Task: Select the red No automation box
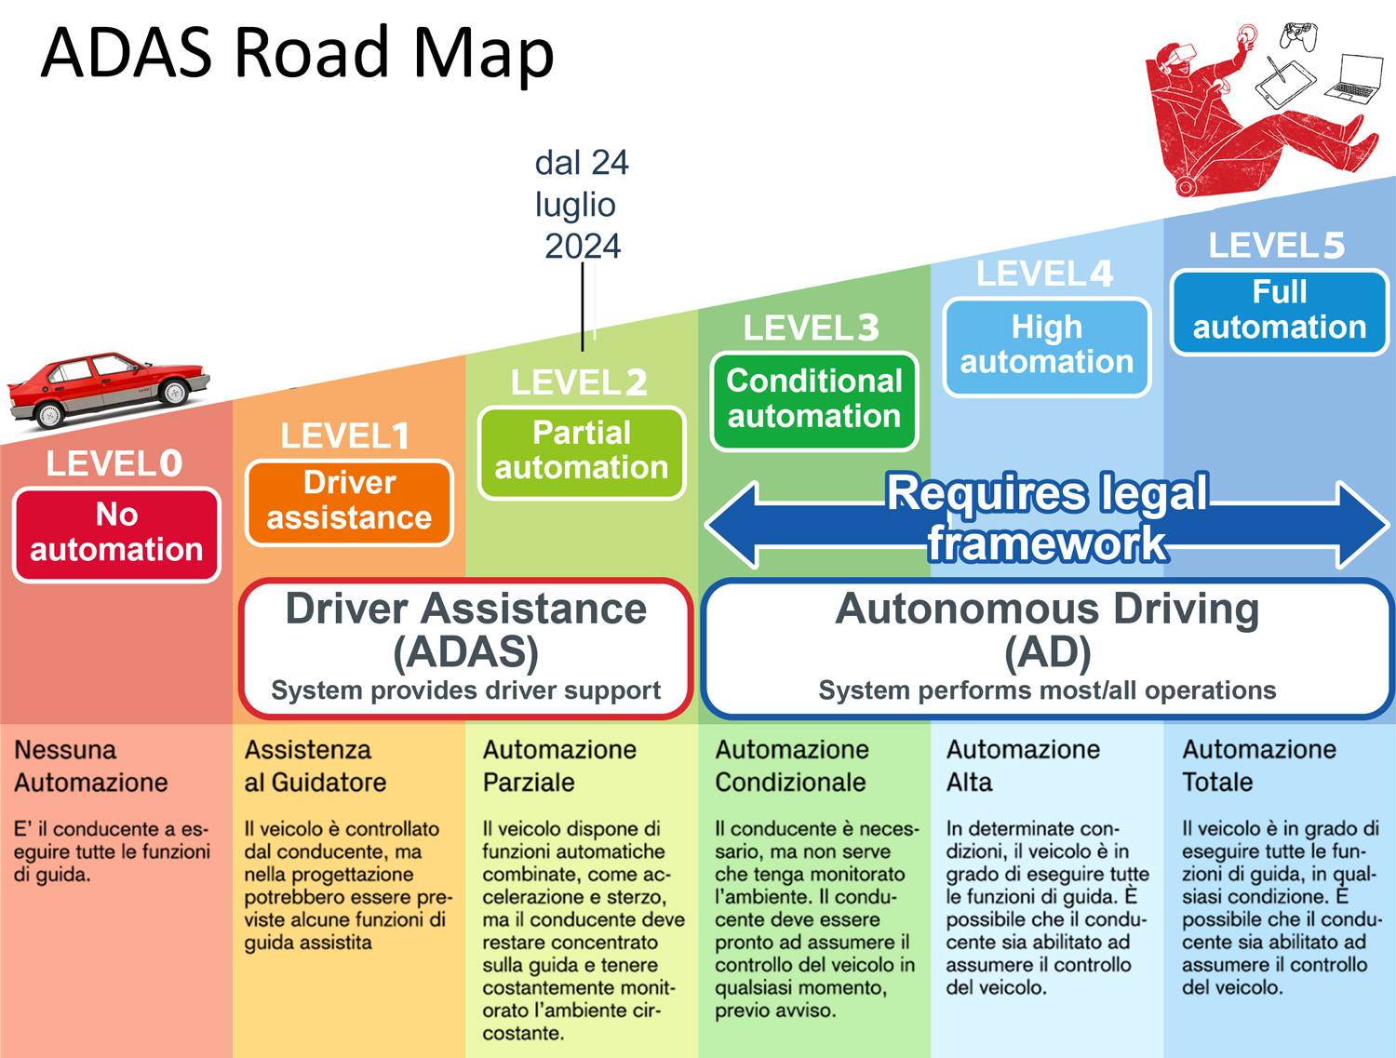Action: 117,533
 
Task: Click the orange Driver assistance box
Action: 349,502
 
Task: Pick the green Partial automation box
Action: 582,451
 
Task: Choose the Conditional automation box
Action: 814,399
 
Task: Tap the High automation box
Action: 1047,345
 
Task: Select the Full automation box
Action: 1280,311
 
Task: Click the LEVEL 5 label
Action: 1276,246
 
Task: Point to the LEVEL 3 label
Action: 811,328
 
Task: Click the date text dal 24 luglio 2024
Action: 582,205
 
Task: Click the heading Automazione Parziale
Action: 559,766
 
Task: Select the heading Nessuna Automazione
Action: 90,766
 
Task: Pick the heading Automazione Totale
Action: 1258,766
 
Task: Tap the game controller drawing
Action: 1298,35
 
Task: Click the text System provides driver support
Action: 465,690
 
